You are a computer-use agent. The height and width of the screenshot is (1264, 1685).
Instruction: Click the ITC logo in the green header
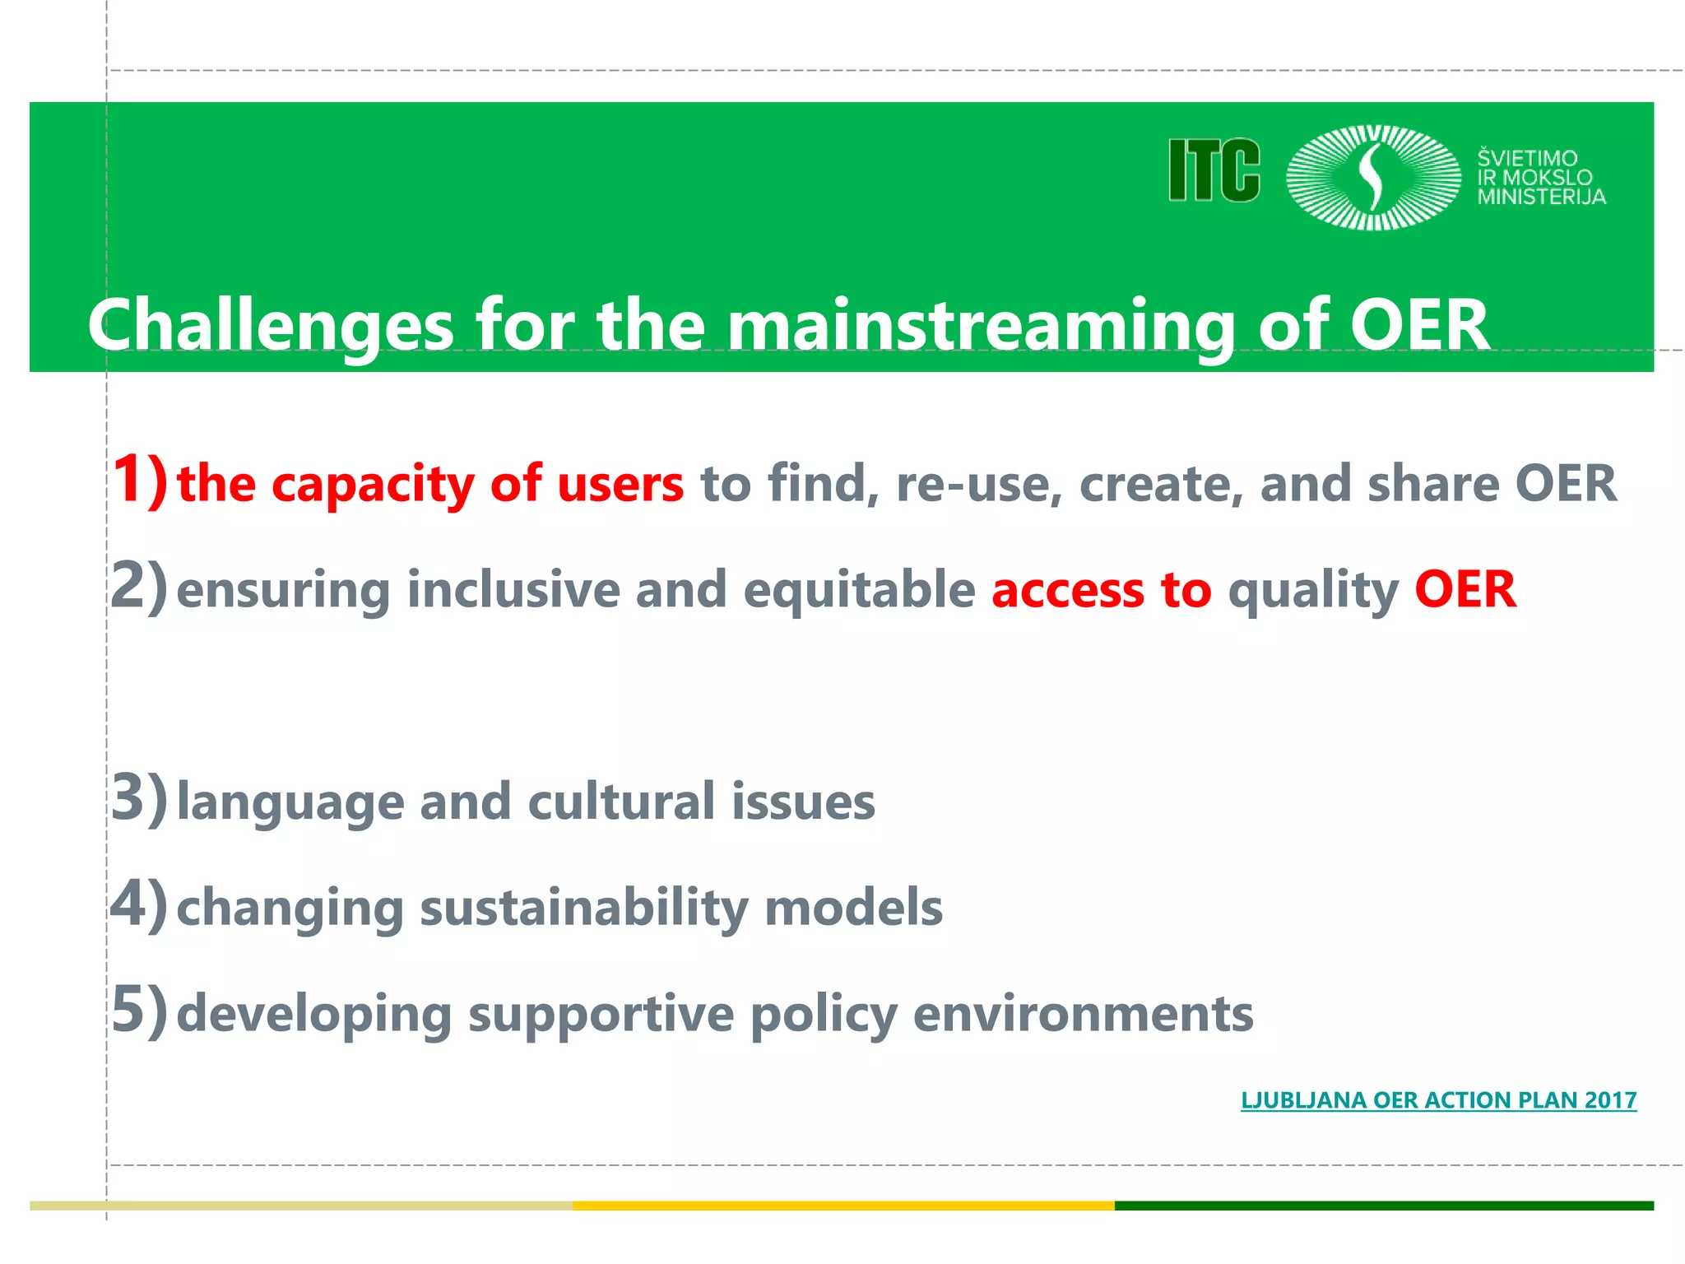click(x=1214, y=170)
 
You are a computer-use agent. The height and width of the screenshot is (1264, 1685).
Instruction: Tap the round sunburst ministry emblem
click(x=1372, y=177)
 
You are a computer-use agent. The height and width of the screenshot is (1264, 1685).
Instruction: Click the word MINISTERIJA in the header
click(x=1541, y=197)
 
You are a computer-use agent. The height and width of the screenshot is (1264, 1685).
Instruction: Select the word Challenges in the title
click(x=271, y=325)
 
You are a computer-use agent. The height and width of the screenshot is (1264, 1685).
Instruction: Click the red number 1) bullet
click(x=139, y=480)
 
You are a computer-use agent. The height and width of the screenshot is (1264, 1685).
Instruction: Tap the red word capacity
click(x=373, y=484)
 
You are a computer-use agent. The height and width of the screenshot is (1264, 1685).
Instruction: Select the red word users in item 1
click(x=620, y=484)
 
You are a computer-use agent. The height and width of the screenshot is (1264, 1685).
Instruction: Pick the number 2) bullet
click(x=139, y=587)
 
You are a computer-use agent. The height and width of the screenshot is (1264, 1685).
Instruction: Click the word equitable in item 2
click(x=859, y=591)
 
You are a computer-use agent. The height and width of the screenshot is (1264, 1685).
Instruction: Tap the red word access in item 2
click(x=1068, y=591)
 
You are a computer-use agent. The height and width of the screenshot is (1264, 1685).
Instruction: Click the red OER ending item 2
click(x=1465, y=589)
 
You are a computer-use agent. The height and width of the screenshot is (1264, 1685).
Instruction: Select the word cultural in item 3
click(x=621, y=802)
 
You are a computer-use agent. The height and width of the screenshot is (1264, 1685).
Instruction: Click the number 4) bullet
click(x=139, y=904)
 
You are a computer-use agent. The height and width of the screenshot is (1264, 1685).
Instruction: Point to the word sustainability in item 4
click(x=584, y=908)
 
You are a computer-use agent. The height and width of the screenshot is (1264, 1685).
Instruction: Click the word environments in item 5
click(x=1083, y=1014)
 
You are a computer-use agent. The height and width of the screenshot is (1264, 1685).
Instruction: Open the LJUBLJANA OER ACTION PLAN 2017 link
click(x=1438, y=1100)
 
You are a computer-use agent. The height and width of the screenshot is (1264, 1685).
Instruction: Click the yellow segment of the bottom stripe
click(x=843, y=1206)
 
